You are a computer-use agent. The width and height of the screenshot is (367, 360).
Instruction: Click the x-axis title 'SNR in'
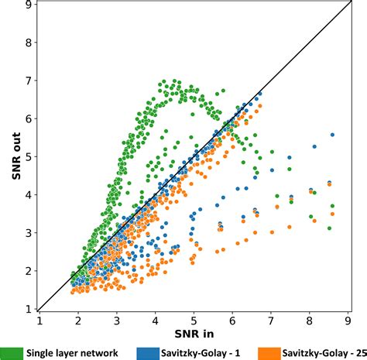tap(194, 335)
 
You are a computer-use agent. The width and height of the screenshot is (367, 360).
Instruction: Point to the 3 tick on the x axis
tap(116, 319)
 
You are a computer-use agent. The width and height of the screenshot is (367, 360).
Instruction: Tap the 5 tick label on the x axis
tap(194, 319)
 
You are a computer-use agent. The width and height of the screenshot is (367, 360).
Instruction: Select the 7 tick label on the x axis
tap(270, 319)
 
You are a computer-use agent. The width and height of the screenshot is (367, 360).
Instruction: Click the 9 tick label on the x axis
tap(348, 319)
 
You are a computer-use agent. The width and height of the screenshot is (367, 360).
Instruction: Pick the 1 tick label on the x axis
tap(39, 319)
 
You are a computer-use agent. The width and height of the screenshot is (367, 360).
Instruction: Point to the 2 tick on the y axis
tap(29, 271)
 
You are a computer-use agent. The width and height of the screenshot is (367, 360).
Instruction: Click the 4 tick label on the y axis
tap(29, 195)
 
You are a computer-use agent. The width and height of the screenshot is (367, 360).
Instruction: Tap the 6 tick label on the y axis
tap(29, 118)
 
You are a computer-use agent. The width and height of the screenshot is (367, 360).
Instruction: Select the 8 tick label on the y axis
tap(29, 43)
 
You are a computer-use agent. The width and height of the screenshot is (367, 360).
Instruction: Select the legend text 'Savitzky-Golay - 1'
tap(198, 352)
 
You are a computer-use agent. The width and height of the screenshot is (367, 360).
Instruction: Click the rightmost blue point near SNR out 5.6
tap(332, 134)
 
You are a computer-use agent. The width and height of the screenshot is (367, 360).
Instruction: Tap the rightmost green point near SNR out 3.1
tap(329, 228)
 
